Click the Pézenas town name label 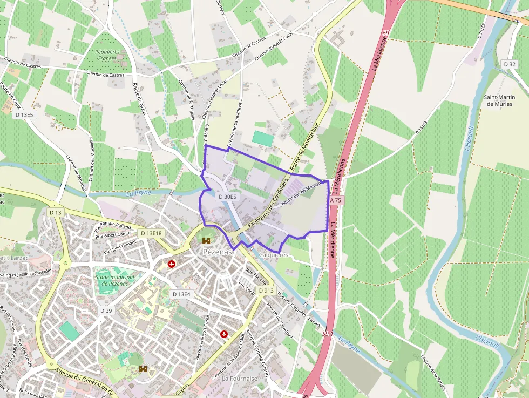[x=218, y=252]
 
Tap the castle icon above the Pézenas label [x=206, y=241]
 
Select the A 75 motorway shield [x=336, y=200]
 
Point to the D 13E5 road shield [x=24, y=114]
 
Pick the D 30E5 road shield [x=227, y=197]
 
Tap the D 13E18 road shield [x=151, y=233]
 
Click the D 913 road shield [x=266, y=291]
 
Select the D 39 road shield [x=106, y=311]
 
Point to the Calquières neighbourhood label [x=274, y=254]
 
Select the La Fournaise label [x=240, y=379]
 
